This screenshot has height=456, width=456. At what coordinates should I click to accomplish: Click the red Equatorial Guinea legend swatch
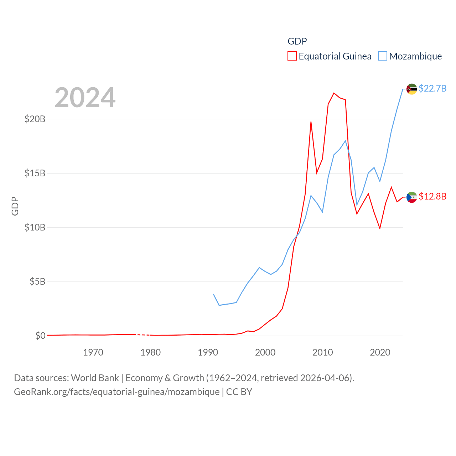click(x=292, y=56)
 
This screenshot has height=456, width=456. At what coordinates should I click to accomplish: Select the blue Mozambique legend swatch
click(x=383, y=56)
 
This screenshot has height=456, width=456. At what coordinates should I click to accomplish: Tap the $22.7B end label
click(x=432, y=88)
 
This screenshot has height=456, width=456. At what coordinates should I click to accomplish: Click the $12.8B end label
click(x=432, y=196)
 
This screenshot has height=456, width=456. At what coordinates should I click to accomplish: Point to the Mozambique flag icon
click(x=412, y=89)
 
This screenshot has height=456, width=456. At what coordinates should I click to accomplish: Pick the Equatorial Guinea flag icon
click(x=412, y=197)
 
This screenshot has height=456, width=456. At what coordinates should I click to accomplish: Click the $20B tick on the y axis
click(x=35, y=119)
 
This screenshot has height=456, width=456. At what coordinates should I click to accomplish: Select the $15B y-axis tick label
click(x=35, y=173)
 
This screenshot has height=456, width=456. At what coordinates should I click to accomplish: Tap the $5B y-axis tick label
click(x=37, y=281)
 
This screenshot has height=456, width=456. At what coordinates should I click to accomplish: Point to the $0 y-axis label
click(x=40, y=336)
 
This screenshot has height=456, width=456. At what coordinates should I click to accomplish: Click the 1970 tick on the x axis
click(x=93, y=352)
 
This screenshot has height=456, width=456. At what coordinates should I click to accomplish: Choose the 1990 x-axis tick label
click(x=208, y=352)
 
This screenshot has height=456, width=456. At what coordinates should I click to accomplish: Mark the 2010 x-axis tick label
click(x=322, y=352)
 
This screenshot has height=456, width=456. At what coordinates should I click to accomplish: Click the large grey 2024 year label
click(x=85, y=98)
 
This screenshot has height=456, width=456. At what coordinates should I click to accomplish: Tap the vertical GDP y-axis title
click(x=15, y=206)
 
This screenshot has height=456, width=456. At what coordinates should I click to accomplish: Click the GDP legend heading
click(x=297, y=41)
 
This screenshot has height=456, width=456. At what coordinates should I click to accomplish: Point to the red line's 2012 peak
click(x=334, y=93)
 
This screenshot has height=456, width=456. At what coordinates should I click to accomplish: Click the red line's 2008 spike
click(x=311, y=122)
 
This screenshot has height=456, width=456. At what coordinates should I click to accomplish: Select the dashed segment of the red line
click(x=142, y=335)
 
